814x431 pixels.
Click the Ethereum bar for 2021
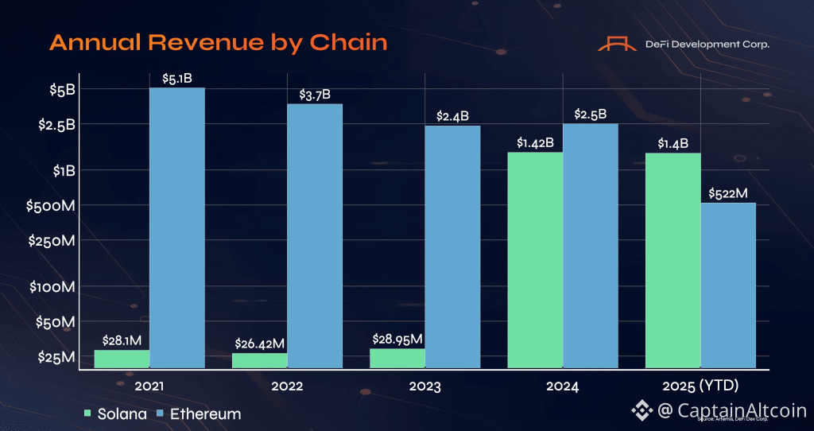[x=177, y=227]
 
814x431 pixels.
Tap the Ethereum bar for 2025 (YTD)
[x=727, y=285]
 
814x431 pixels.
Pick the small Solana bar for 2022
[x=260, y=360]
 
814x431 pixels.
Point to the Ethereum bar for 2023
[x=452, y=247]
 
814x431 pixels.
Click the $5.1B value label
[x=176, y=78]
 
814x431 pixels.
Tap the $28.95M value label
[x=397, y=339]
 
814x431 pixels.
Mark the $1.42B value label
[x=534, y=142]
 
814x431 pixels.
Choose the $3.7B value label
[x=315, y=95]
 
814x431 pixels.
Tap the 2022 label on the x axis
[x=287, y=386]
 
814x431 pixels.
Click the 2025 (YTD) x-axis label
[x=700, y=386]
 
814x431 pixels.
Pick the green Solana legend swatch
[x=88, y=414]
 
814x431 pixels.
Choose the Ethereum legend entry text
[x=205, y=414]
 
